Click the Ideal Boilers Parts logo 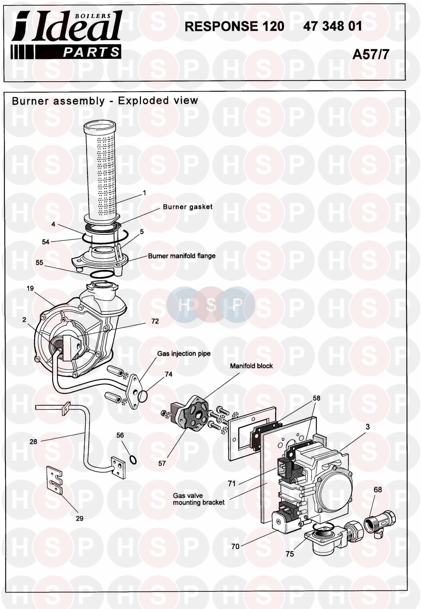[66, 35]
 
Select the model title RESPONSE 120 [234, 26]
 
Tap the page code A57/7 [371, 54]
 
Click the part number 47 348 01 [332, 26]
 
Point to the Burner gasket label [188, 207]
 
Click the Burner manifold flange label [182, 256]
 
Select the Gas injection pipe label [184, 354]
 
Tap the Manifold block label [251, 366]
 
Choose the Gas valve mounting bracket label [199, 499]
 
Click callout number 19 [30, 288]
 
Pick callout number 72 [155, 321]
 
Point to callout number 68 [378, 490]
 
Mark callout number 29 [80, 518]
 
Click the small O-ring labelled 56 [133, 460]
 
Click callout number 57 [162, 463]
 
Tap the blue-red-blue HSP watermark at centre [211, 304]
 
